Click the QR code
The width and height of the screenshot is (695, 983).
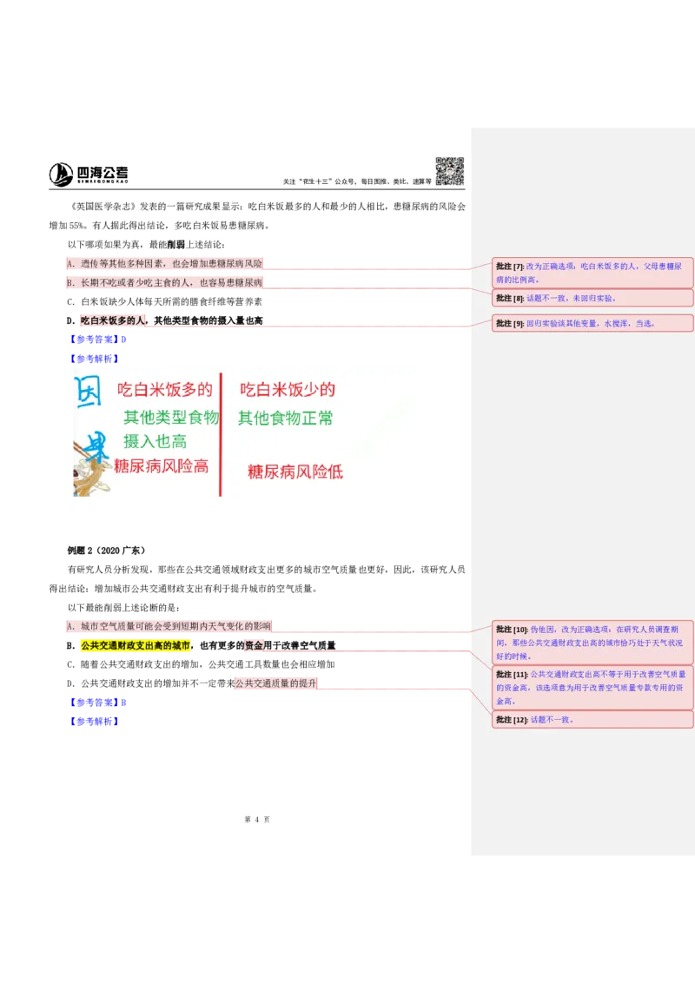pos(448,170)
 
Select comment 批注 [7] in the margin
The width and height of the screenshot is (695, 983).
pos(592,273)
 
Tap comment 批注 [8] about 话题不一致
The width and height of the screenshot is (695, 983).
pos(592,298)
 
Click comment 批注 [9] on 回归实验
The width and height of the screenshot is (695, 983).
pos(592,323)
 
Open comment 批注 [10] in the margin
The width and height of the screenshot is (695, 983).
pos(592,643)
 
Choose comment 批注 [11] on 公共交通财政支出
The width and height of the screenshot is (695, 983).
pos(592,687)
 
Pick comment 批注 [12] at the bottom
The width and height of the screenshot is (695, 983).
pos(592,719)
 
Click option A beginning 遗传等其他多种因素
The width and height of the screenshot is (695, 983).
pos(165,263)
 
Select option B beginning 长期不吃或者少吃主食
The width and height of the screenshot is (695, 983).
pos(165,282)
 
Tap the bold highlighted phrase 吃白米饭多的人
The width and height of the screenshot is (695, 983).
pos(112,320)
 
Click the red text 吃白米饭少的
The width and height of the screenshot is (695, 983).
pos(288,390)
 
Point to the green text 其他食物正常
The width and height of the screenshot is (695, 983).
pos(286,418)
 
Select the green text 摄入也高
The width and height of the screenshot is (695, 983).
pos(156,441)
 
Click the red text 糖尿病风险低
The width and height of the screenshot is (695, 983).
pos(295,472)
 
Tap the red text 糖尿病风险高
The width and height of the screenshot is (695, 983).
pos(162,466)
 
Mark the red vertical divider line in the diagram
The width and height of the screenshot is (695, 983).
pos(221,434)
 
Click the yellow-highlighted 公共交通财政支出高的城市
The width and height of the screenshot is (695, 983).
pos(135,646)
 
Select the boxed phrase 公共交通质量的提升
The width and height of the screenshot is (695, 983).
pos(275,683)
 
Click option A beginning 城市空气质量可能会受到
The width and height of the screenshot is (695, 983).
pos(169,625)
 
